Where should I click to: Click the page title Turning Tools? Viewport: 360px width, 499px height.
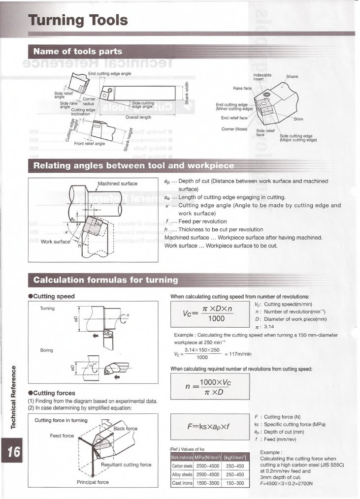click(78, 21)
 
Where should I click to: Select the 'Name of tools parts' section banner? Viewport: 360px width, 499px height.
click(77, 51)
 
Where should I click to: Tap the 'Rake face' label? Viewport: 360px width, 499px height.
click(242, 88)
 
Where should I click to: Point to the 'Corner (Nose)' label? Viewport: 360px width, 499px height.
click(234, 129)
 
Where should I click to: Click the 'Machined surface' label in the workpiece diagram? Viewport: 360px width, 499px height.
click(118, 184)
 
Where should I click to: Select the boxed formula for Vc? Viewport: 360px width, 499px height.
click(208, 313)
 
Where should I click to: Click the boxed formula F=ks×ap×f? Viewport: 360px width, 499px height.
click(208, 427)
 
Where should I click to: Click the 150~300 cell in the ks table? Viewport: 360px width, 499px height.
click(235, 483)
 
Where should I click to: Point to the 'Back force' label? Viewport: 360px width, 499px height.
click(126, 429)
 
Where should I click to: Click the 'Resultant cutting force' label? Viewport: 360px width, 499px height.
click(126, 465)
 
